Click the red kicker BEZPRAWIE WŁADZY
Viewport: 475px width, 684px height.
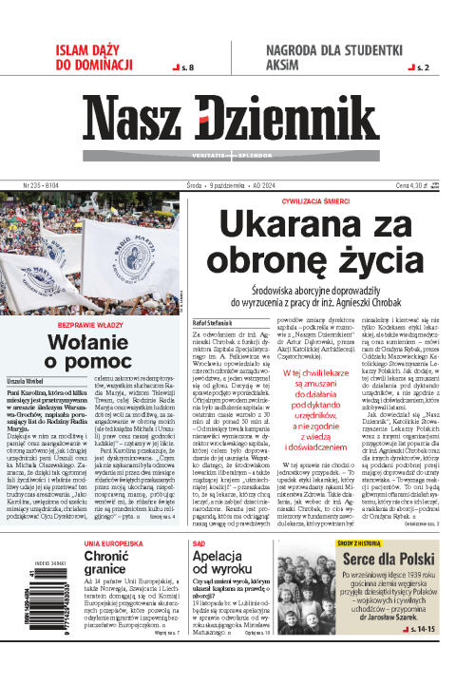[87, 325]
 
